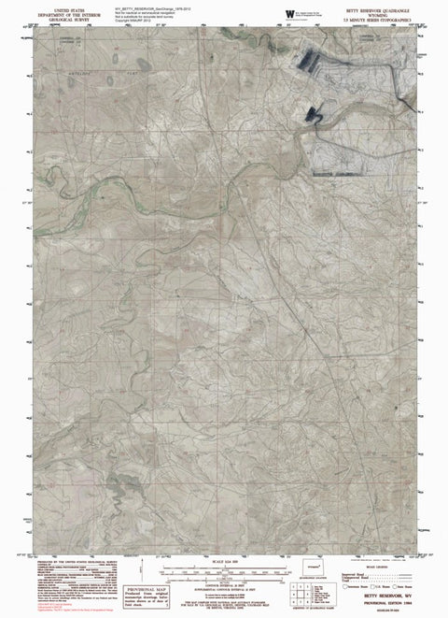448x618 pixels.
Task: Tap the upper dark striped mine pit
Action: pos(315,60)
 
